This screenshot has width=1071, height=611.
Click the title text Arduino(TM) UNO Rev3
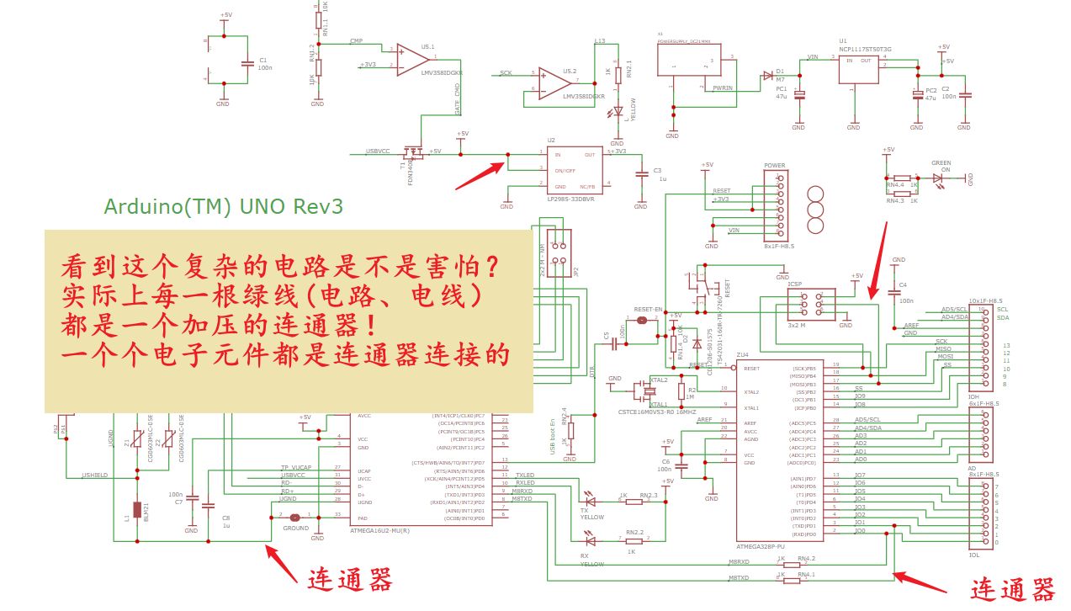[x=223, y=206]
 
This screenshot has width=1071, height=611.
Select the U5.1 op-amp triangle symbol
[x=412, y=60]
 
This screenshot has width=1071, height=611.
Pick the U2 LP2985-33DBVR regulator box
[x=575, y=170]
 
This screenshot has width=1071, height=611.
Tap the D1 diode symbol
[x=767, y=75]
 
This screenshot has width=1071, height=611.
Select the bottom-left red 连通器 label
[x=349, y=580]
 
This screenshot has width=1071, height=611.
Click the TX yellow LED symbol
[x=590, y=497]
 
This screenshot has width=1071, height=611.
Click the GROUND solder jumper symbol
[x=294, y=518]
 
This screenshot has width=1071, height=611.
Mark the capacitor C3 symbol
[x=642, y=173]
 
